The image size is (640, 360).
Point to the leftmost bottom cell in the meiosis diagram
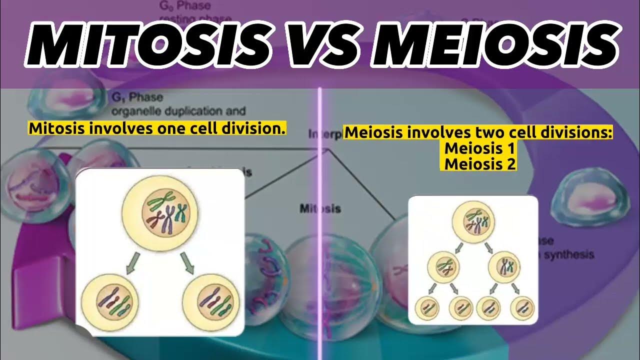426,307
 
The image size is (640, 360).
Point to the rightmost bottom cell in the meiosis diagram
522,307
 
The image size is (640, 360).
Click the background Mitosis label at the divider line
320,208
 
